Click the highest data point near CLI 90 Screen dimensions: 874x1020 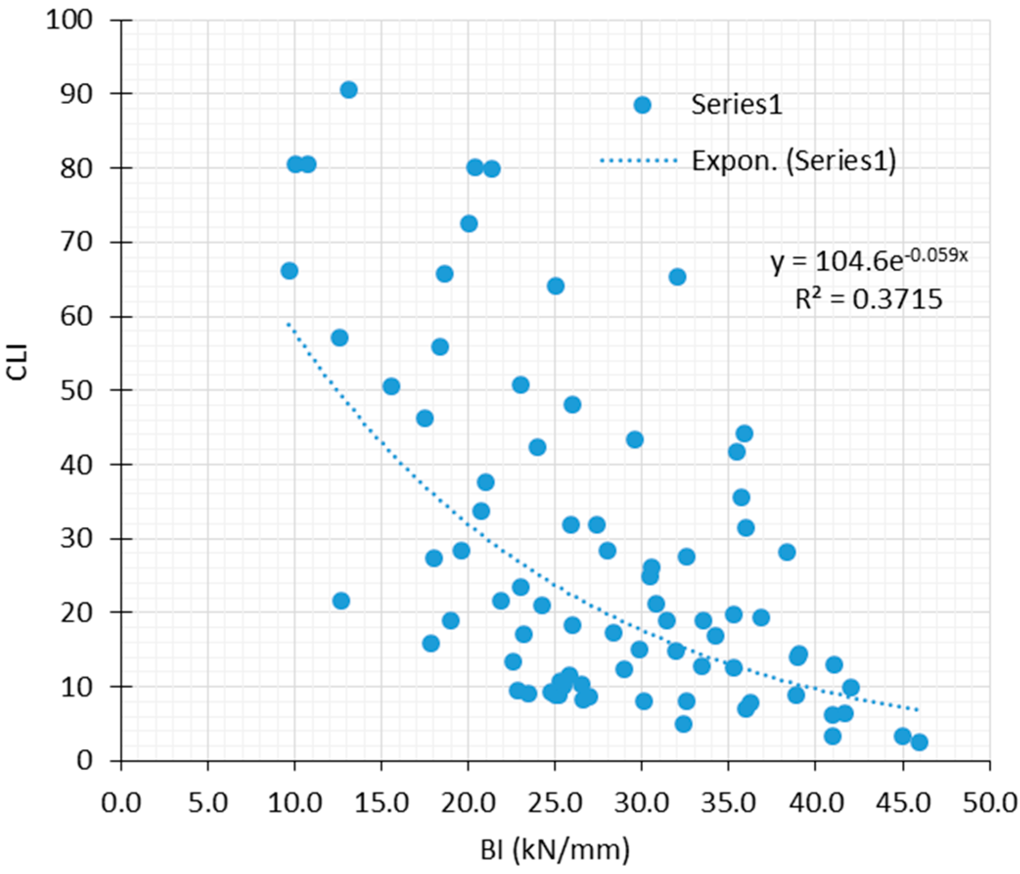(x=348, y=90)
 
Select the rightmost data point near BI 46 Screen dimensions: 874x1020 (x=919, y=742)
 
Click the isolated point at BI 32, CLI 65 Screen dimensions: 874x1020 (x=678, y=277)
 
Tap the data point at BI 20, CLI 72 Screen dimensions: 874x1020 (x=469, y=224)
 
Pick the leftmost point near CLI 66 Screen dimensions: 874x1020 (x=290, y=270)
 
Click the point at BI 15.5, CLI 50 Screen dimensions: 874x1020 (x=391, y=386)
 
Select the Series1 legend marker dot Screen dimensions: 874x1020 (x=642, y=105)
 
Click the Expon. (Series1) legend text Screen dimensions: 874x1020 (x=793, y=161)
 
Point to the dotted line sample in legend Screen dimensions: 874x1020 (x=638, y=160)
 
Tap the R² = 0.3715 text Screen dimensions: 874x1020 (x=869, y=299)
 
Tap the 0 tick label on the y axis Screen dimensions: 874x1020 (x=85, y=761)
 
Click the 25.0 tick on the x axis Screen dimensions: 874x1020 (x=555, y=803)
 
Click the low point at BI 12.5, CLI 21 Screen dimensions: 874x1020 (x=340, y=601)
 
